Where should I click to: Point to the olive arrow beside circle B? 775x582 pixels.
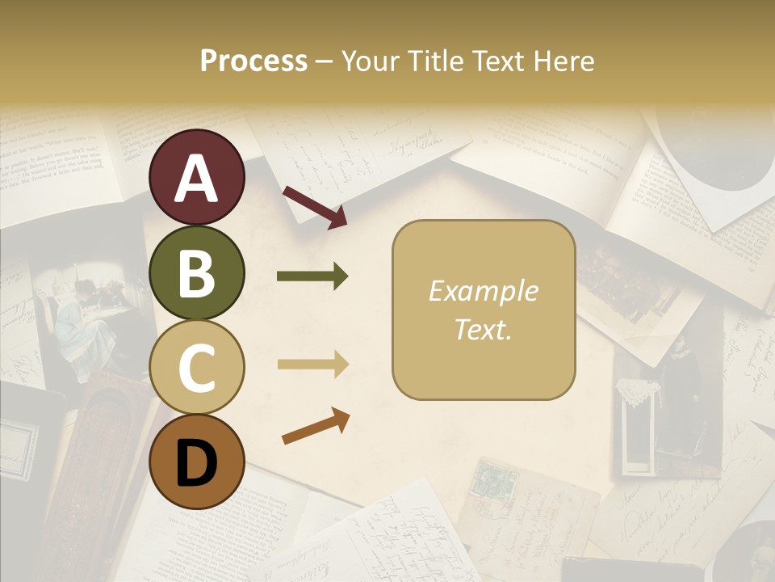[x=312, y=277]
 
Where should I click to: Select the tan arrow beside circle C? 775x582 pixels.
[x=312, y=365]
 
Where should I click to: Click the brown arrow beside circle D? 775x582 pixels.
[x=316, y=426]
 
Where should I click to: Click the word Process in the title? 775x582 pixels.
[x=253, y=61]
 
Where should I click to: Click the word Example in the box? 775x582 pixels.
[x=483, y=291]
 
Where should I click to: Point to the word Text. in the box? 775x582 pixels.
[x=483, y=329]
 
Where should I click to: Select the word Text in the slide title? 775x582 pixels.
[x=496, y=61]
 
